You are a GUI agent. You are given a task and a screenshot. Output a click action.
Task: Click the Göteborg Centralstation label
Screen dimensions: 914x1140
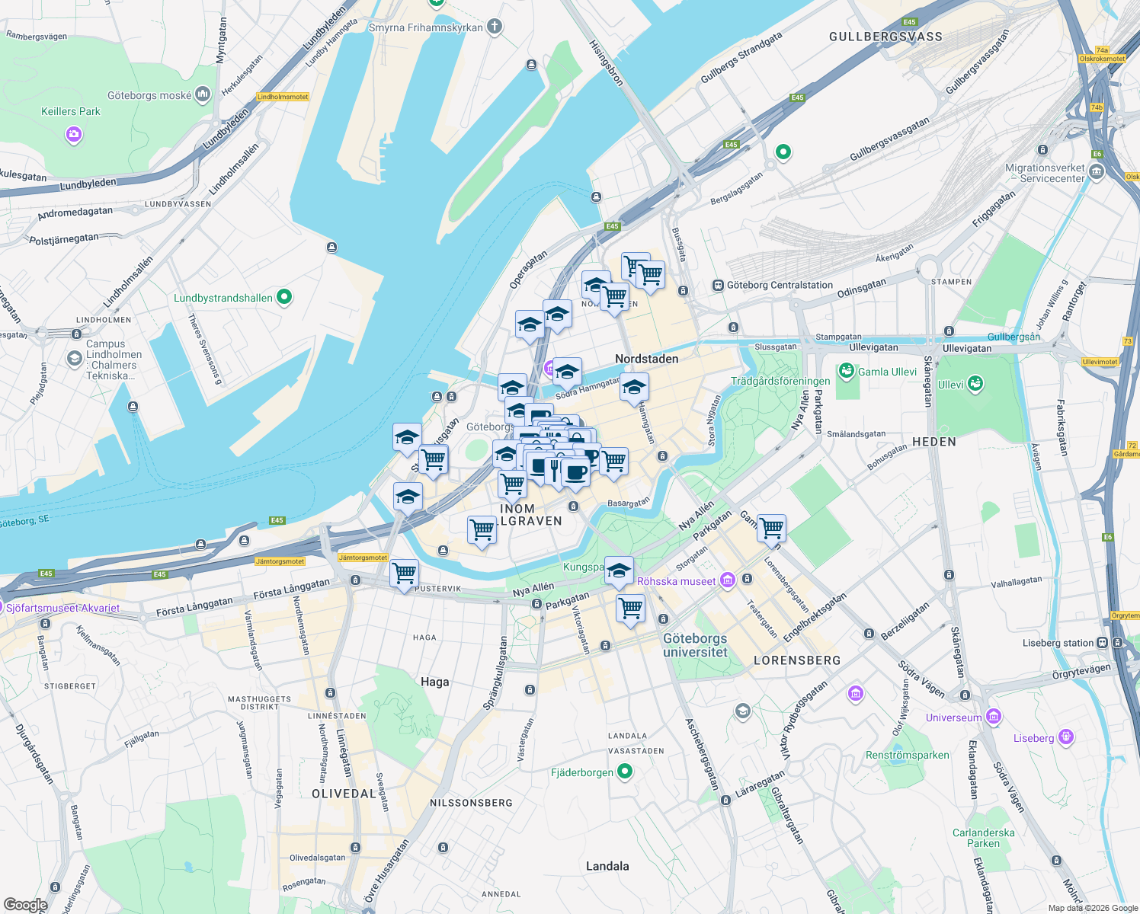[x=780, y=286]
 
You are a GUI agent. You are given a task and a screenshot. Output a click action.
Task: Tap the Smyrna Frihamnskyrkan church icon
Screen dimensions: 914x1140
[x=495, y=27]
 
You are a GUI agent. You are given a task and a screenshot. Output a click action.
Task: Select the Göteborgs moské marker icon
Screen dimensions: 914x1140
[x=202, y=94]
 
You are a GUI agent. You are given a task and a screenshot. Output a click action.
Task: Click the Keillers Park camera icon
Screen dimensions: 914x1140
[x=73, y=135]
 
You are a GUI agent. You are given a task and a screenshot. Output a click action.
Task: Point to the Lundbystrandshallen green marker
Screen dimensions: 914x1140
[x=284, y=297]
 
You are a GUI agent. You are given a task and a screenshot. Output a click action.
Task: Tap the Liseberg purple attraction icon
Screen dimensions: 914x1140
[x=1066, y=737]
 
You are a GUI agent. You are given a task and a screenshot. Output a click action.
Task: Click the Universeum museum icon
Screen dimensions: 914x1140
[x=993, y=717]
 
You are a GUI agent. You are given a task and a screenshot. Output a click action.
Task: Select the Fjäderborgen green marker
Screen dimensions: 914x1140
[x=625, y=772]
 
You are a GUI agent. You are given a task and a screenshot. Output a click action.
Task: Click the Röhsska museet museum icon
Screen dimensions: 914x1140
[x=728, y=581]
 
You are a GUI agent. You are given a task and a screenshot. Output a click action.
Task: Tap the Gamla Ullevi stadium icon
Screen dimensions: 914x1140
[x=846, y=371]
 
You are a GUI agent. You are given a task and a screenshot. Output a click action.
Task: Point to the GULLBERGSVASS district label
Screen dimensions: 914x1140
[x=885, y=37]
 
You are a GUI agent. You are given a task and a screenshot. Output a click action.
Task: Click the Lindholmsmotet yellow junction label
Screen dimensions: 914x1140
[x=283, y=97]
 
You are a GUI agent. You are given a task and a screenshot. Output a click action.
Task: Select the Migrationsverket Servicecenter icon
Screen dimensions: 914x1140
[x=1097, y=172]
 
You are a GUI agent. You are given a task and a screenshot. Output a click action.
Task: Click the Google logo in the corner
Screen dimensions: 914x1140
[x=25, y=905]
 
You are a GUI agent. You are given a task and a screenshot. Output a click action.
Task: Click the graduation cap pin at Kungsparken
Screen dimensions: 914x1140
[x=619, y=570]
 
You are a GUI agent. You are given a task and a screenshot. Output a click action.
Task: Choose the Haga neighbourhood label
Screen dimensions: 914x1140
[x=434, y=682]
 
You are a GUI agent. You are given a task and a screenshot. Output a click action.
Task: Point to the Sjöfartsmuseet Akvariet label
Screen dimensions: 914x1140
[x=62, y=608]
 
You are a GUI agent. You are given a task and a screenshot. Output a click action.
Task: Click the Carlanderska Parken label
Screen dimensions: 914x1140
[x=983, y=838]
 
